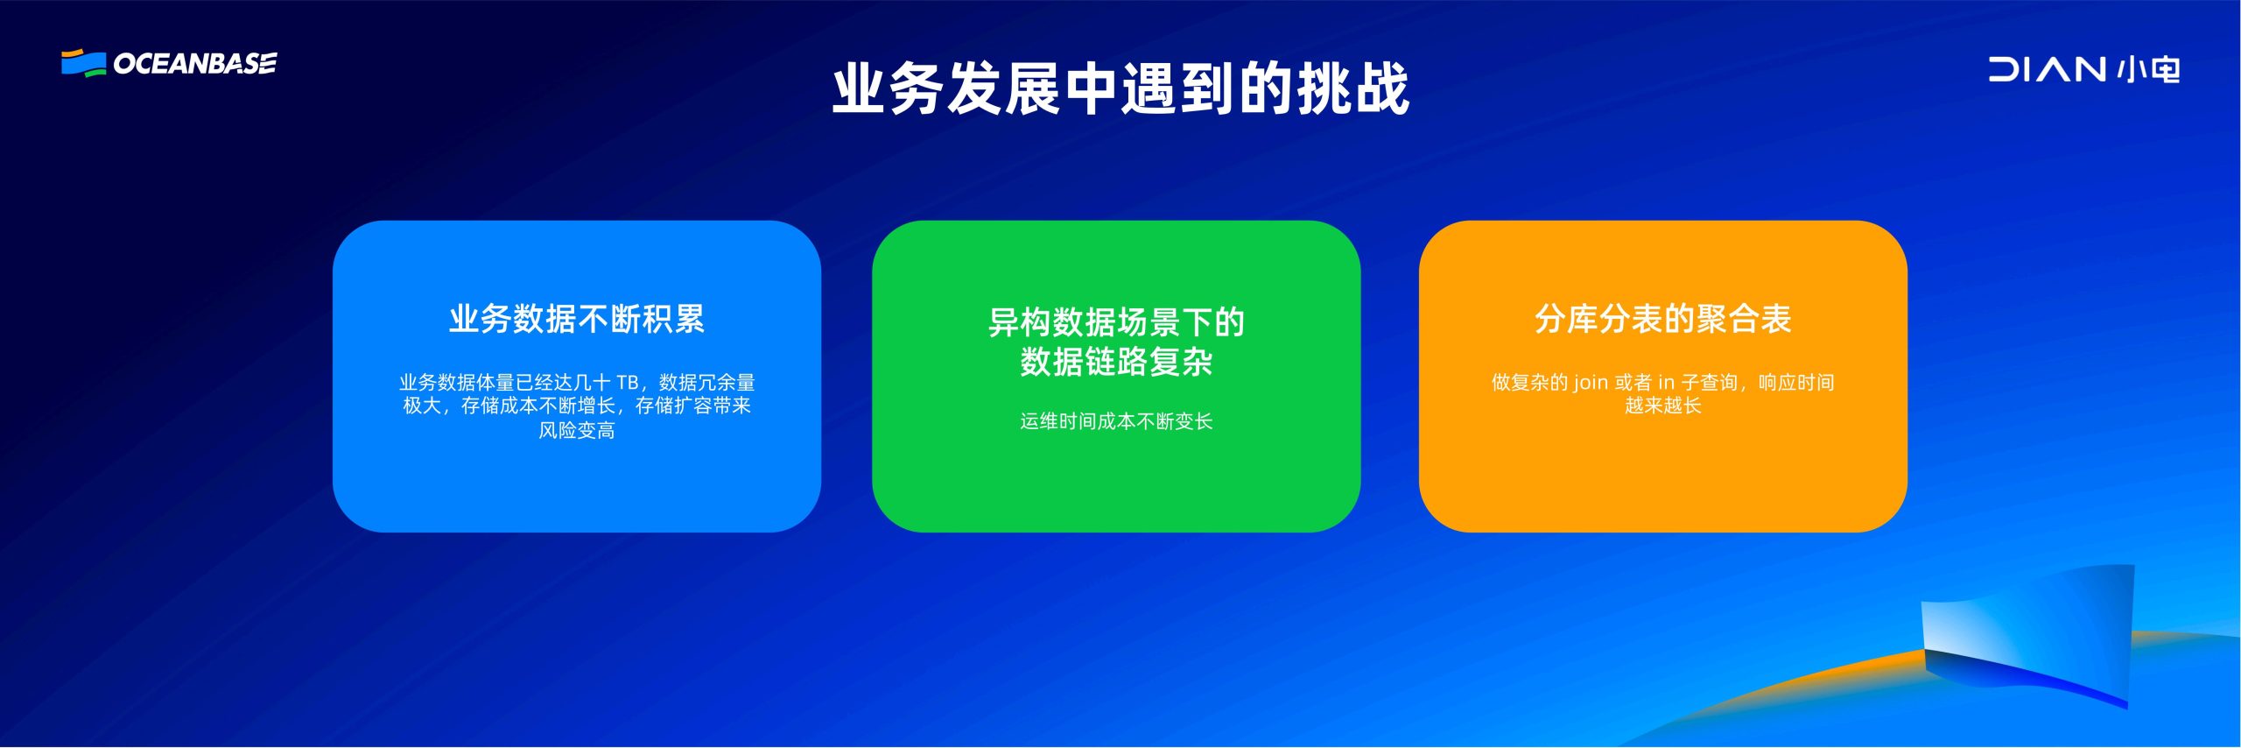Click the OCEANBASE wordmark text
(195, 64)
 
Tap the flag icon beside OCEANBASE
(84, 63)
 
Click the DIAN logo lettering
(2047, 69)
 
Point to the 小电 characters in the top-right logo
(2148, 69)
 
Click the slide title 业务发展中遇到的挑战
(1120, 88)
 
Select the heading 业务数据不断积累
(577, 319)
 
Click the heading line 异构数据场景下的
(1116, 322)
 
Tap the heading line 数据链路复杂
(1116, 361)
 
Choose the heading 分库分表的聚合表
(1663, 319)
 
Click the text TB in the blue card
(628, 383)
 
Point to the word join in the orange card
(1591, 383)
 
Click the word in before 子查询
(1666, 383)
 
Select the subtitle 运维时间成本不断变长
(1116, 421)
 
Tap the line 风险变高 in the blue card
(577, 430)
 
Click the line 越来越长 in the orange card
(1663, 406)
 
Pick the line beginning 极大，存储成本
(577, 406)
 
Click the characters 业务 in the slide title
(888, 88)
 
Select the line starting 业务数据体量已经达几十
(577, 383)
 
